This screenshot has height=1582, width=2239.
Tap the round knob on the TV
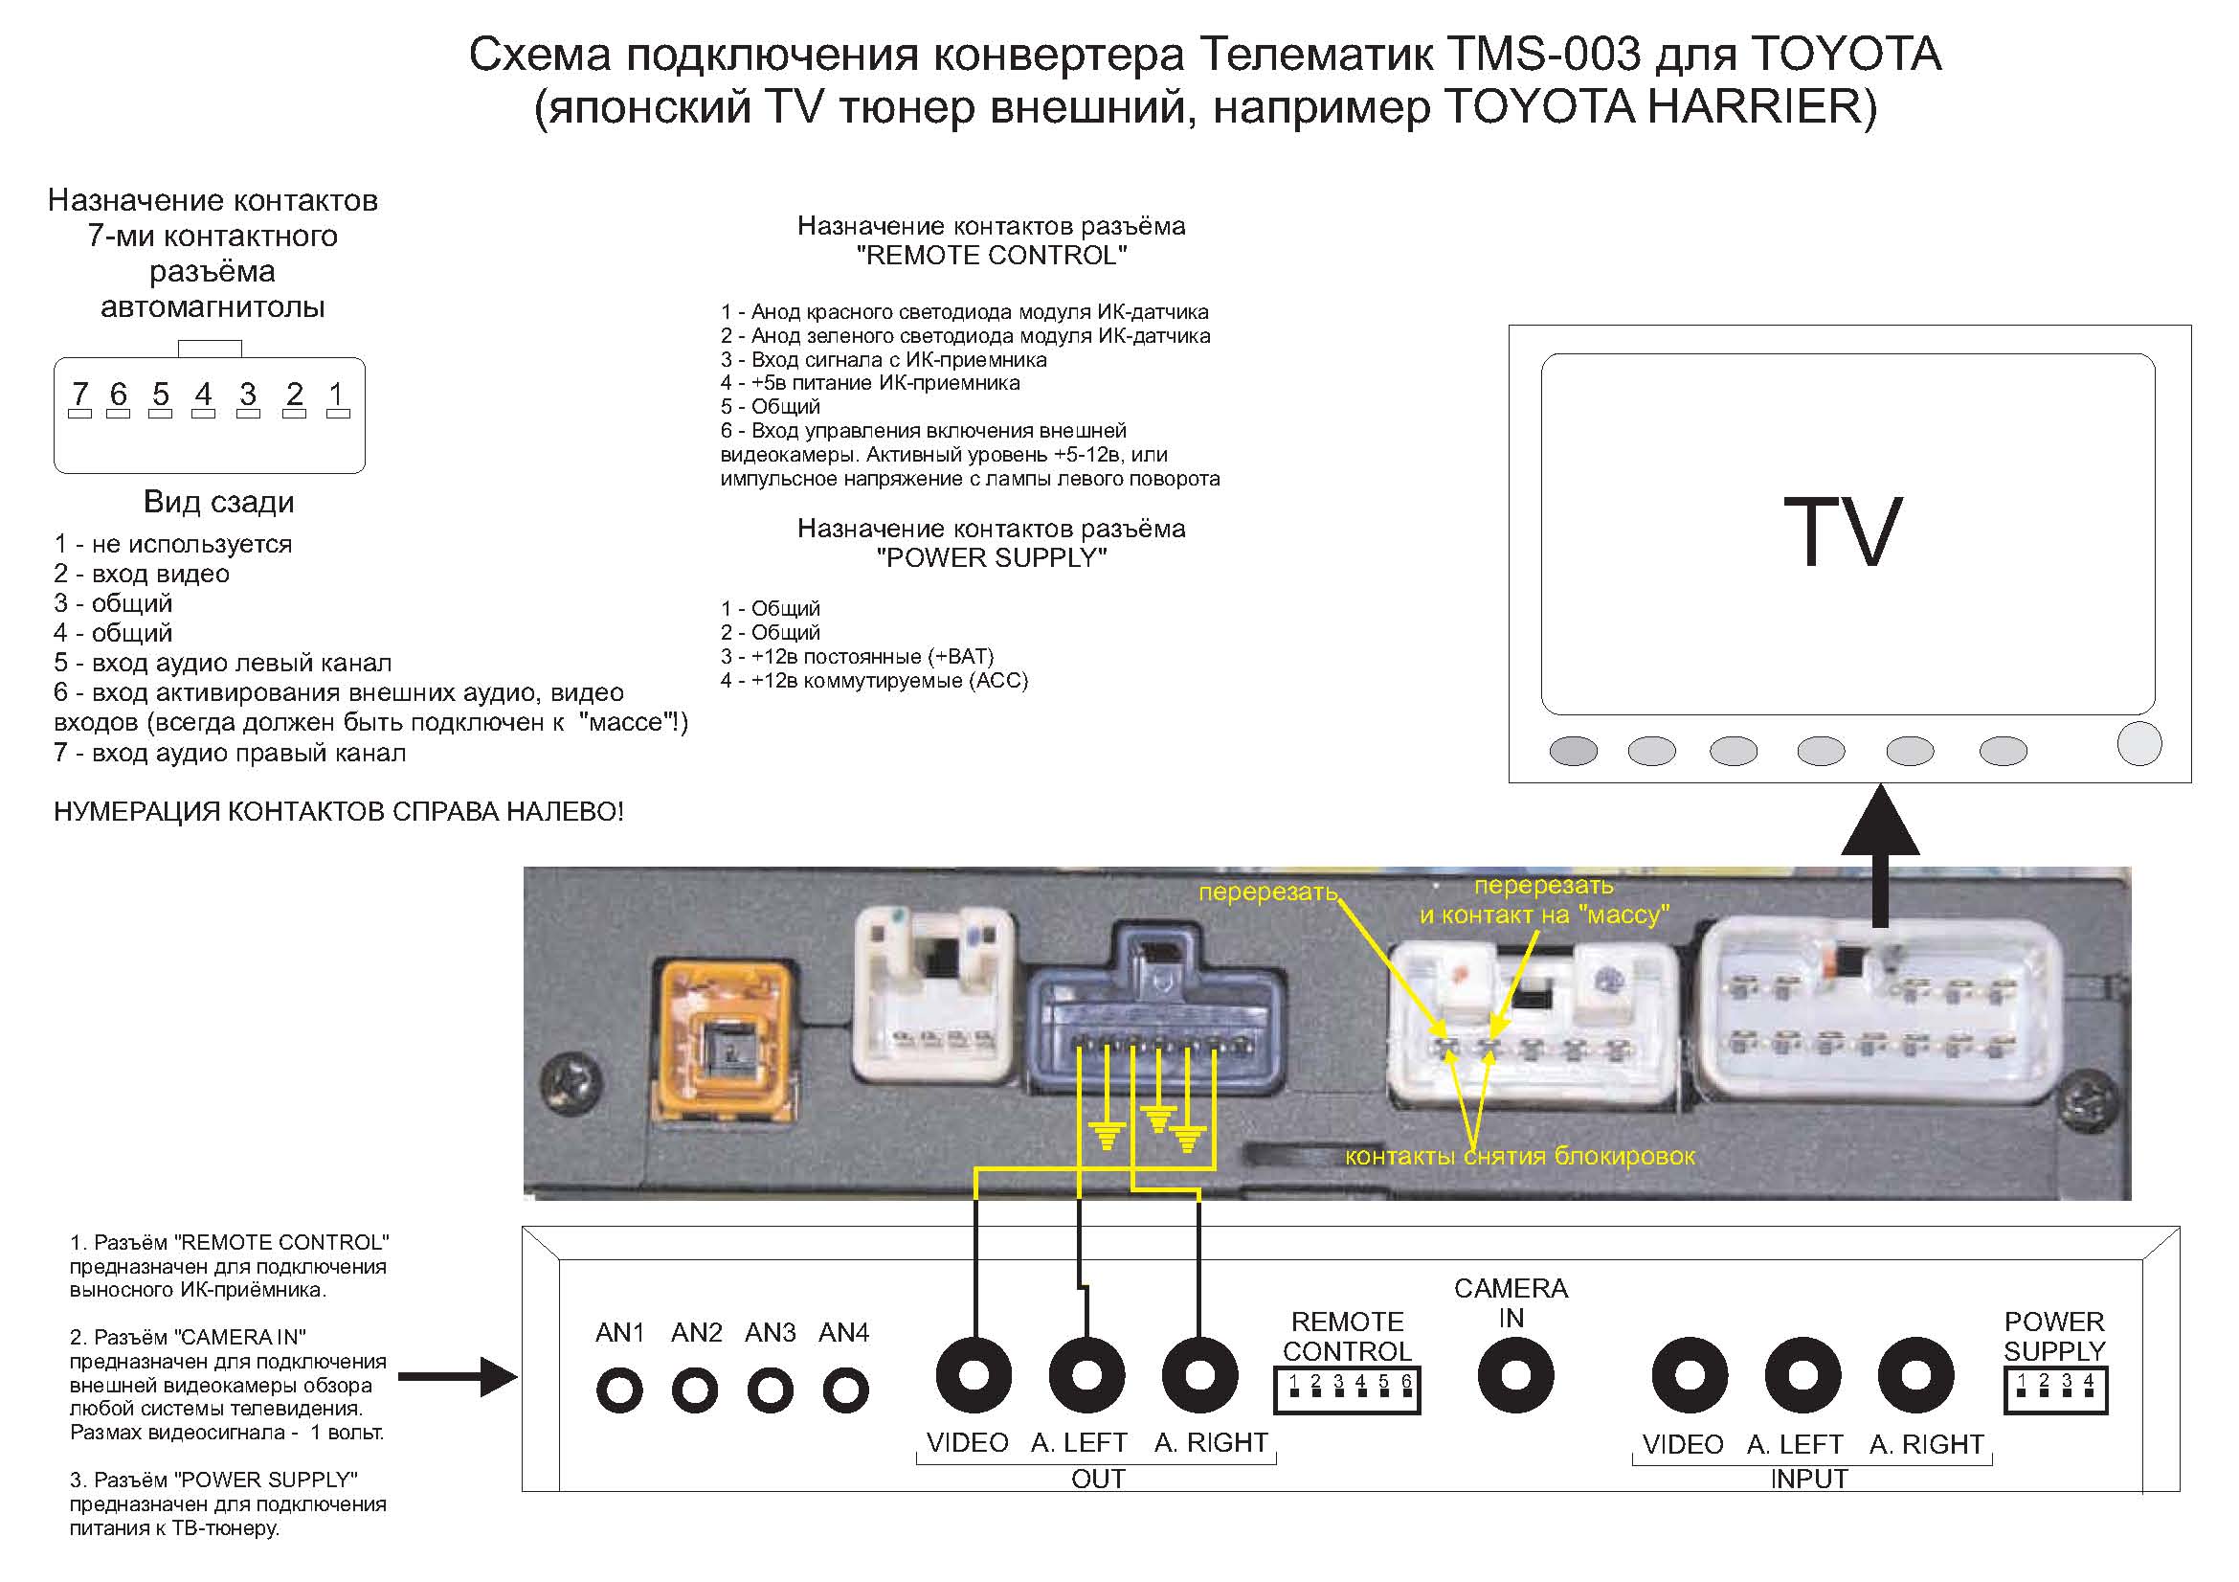tap(2138, 744)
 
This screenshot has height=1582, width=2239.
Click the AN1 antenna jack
tap(619, 1390)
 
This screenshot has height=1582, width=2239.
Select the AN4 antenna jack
tap(844, 1390)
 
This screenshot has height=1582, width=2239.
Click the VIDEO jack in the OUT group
tap(974, 1375)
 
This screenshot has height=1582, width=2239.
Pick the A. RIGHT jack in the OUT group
tap(1199, 1375)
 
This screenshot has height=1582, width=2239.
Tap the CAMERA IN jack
tap(1514, 1375)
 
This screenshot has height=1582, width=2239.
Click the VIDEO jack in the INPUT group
tap(1689, 1375)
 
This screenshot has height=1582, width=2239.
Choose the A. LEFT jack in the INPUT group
tap(1802, 1375)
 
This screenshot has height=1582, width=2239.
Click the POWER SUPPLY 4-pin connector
tap(2054, 1390)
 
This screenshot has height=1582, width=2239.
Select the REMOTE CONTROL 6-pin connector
tap(1347, 1390)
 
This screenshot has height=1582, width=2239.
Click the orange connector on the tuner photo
tap(726, 1041)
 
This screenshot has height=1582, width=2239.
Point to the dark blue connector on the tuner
tap(1157, 1019)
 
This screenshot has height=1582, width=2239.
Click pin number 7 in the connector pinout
tap(80, 395)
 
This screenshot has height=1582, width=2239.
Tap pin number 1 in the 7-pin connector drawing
tap(337, 395)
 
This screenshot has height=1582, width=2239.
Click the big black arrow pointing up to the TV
tap(1880, 853)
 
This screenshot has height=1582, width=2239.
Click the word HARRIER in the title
tap(1755, 106)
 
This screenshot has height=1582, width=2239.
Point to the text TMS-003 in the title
tap(1545, 55)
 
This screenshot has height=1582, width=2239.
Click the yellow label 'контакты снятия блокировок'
tap(1519, 1157)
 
